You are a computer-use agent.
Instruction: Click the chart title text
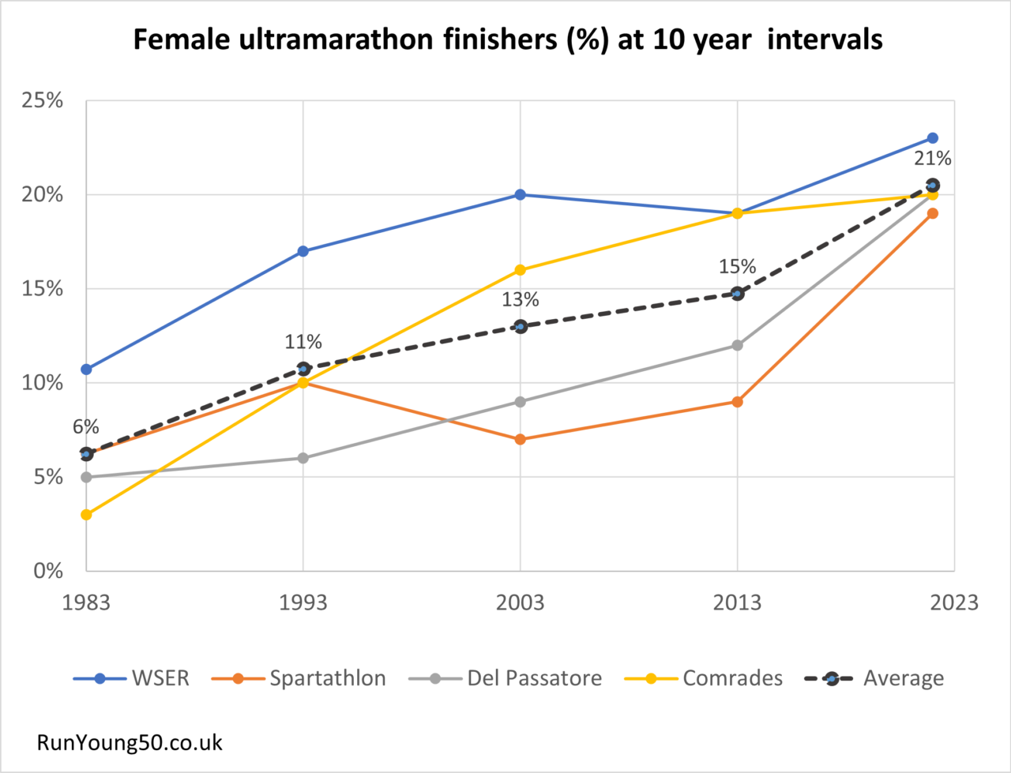(507, 39)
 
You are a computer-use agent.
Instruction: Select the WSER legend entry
(132, 678)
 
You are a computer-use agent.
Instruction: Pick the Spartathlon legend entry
(309, 678)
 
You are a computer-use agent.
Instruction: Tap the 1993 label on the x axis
(303, 602)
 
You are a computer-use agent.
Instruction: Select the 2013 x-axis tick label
(737, 602)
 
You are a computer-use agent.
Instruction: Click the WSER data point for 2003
(521, 194)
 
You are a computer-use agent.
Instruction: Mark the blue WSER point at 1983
(86, 369)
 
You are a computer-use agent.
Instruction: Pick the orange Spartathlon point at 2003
(521, 439)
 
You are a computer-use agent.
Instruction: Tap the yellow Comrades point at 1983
(86, 515)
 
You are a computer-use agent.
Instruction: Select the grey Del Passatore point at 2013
(737, 345)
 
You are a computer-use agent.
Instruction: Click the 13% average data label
(521, 300)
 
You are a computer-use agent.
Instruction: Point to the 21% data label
(932, 159)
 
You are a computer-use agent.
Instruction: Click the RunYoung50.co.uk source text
(130, 743)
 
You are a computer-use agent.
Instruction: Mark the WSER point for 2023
(932, 138)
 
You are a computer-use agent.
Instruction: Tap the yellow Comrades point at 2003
(521, 270)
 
